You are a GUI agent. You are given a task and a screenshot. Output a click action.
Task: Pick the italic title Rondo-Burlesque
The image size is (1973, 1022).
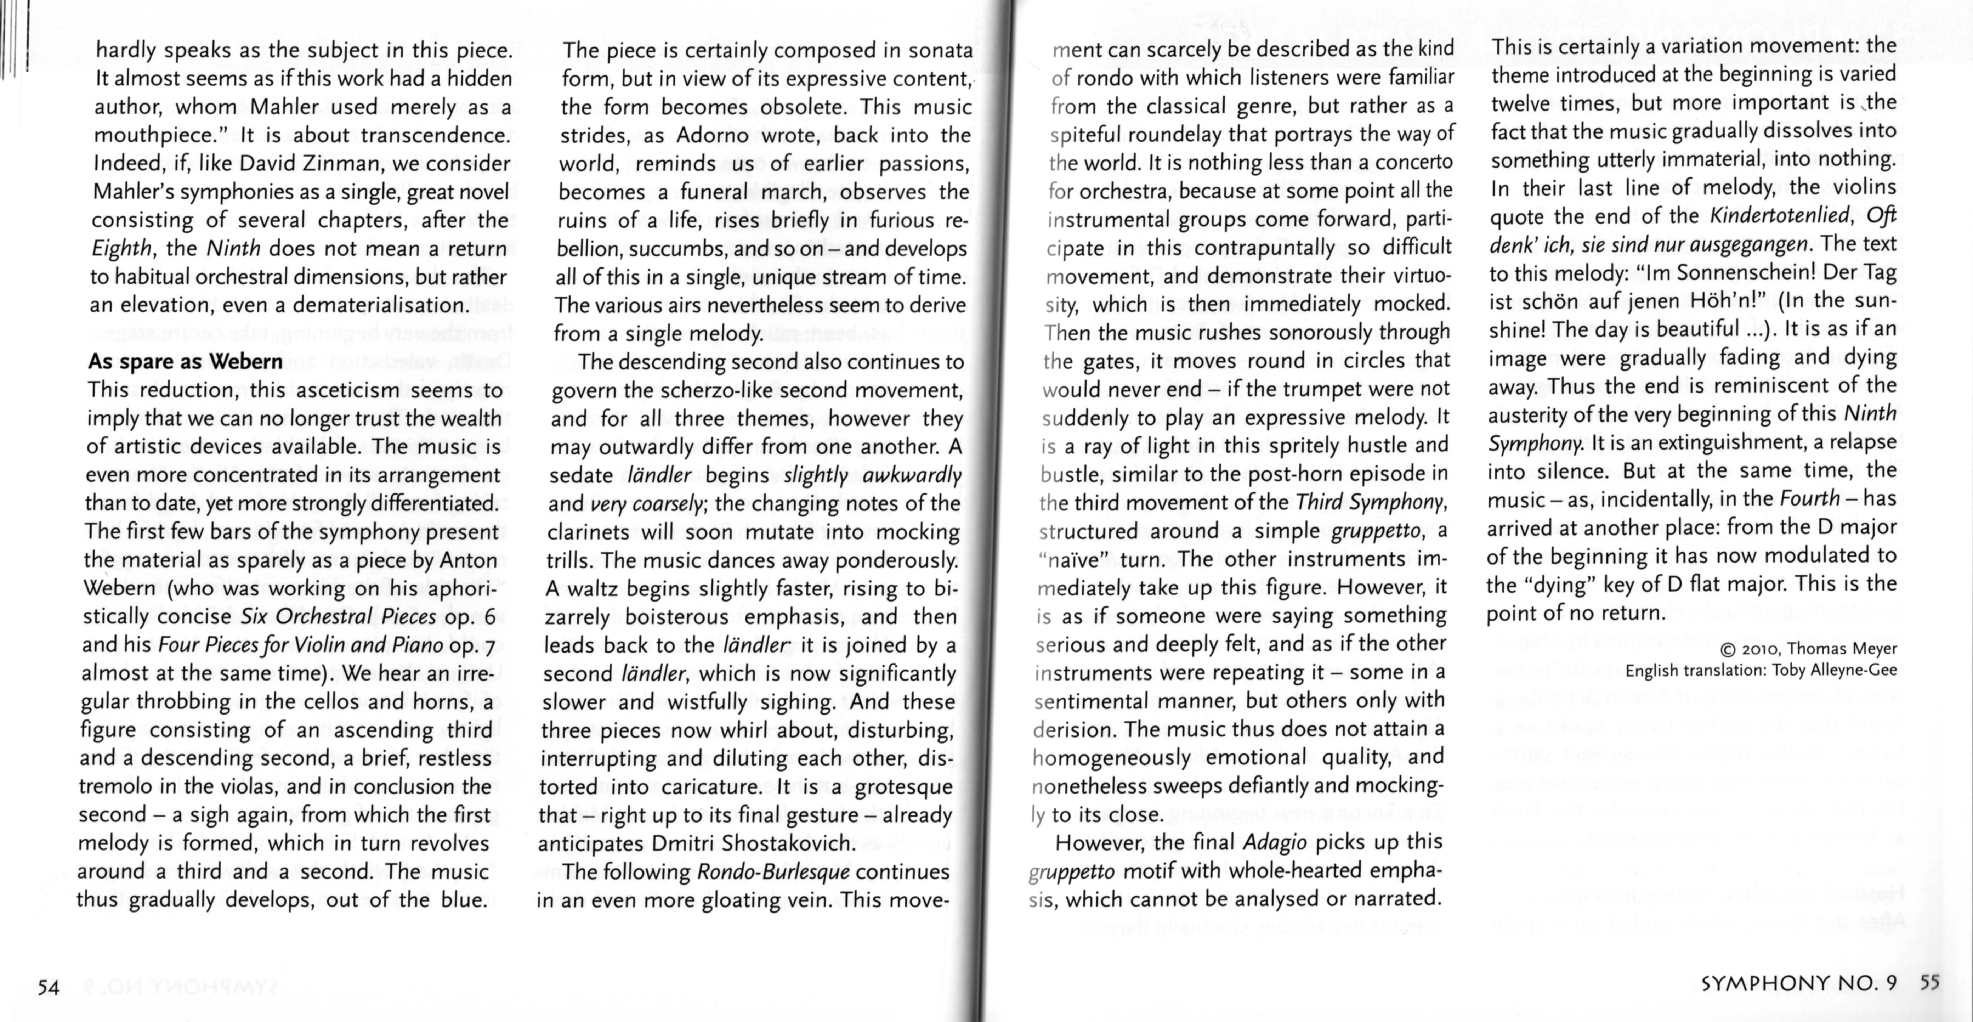[773, 872]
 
